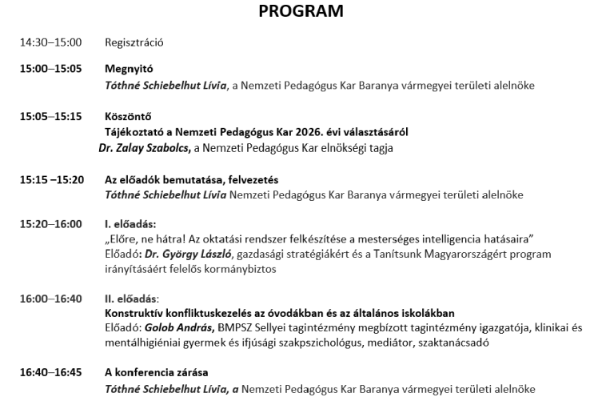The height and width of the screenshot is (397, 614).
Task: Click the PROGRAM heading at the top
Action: pos(301,11)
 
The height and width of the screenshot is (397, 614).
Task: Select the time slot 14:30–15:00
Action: pos(50,42)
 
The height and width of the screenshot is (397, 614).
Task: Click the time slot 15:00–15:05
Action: pos(50,69)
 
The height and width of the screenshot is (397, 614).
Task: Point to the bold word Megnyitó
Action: pos(129,69)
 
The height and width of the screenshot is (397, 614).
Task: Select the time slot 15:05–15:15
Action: pos(50,116)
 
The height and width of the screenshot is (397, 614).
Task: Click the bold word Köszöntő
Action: pos(128,116)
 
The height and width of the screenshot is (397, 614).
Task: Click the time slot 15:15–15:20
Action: pos(51,179)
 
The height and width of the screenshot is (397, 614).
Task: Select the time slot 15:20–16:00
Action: pos(50,223)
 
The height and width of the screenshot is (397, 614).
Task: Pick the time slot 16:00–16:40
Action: pos(50,298)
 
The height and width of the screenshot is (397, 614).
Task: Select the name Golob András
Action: pos(180,328)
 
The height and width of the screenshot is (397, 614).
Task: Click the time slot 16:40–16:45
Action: pos(50,373)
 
